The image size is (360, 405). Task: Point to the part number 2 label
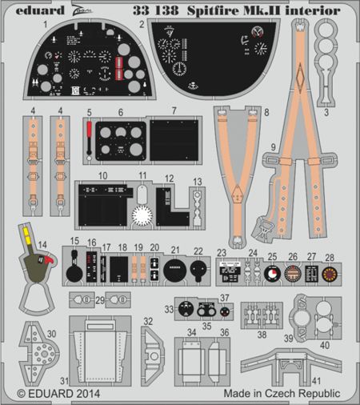point(141,26)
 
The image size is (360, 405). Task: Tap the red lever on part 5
point(89,133)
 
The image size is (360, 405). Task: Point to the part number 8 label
point(266,114)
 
